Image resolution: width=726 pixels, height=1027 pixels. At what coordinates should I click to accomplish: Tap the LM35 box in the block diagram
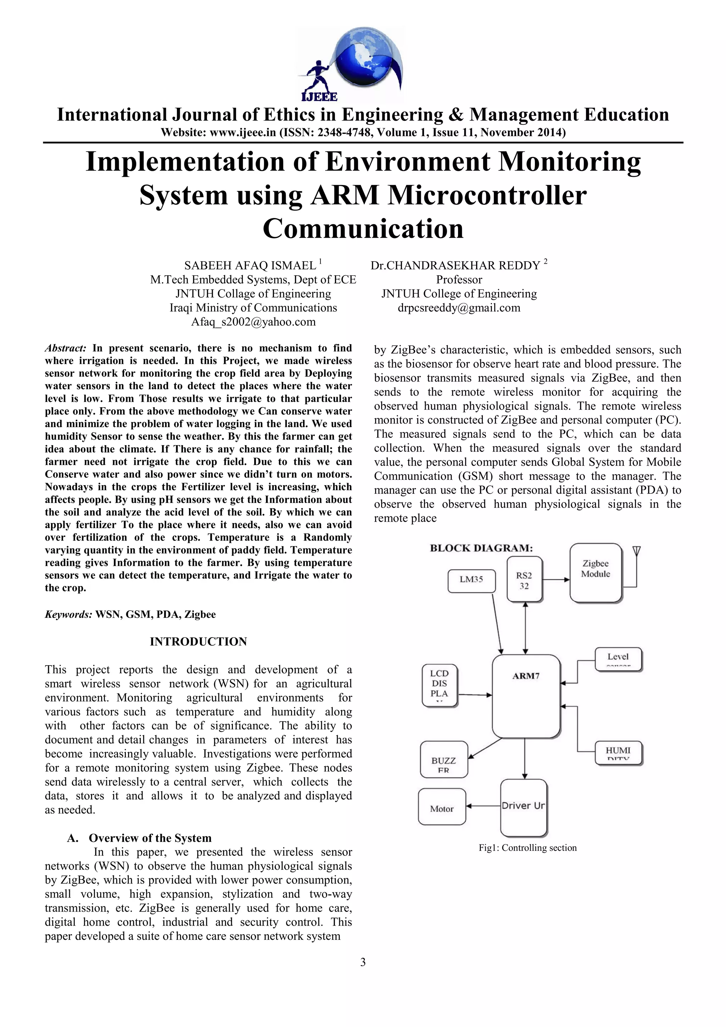click(471, 580)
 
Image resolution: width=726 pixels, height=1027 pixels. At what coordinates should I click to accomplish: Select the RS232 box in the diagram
click(524, 580)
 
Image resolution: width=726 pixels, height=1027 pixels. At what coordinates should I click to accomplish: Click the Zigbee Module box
click(596, 573)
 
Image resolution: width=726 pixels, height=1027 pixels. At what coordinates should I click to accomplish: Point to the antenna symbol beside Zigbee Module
click(637, 551)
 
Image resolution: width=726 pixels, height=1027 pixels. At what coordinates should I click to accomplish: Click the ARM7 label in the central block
click(526, 676)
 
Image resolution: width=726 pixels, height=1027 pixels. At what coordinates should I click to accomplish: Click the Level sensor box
click(618, 658)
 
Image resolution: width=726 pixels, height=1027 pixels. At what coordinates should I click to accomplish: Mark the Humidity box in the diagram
click(618, 753)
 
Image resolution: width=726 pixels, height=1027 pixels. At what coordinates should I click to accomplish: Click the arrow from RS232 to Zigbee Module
click(556, 580)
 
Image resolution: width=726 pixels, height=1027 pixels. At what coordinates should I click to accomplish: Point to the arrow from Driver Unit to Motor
click(483, 806)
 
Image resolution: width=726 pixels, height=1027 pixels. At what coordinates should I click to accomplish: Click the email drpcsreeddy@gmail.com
click(459, 308)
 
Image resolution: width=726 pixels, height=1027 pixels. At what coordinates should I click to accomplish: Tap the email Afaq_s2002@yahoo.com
click(253, 322)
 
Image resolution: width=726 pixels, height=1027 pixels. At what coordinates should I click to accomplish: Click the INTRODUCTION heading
click(198, 641)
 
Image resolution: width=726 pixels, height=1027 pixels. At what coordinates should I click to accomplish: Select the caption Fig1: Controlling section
click(527, 848)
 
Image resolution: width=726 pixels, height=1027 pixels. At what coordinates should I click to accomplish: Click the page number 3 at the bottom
click(363, 962)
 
